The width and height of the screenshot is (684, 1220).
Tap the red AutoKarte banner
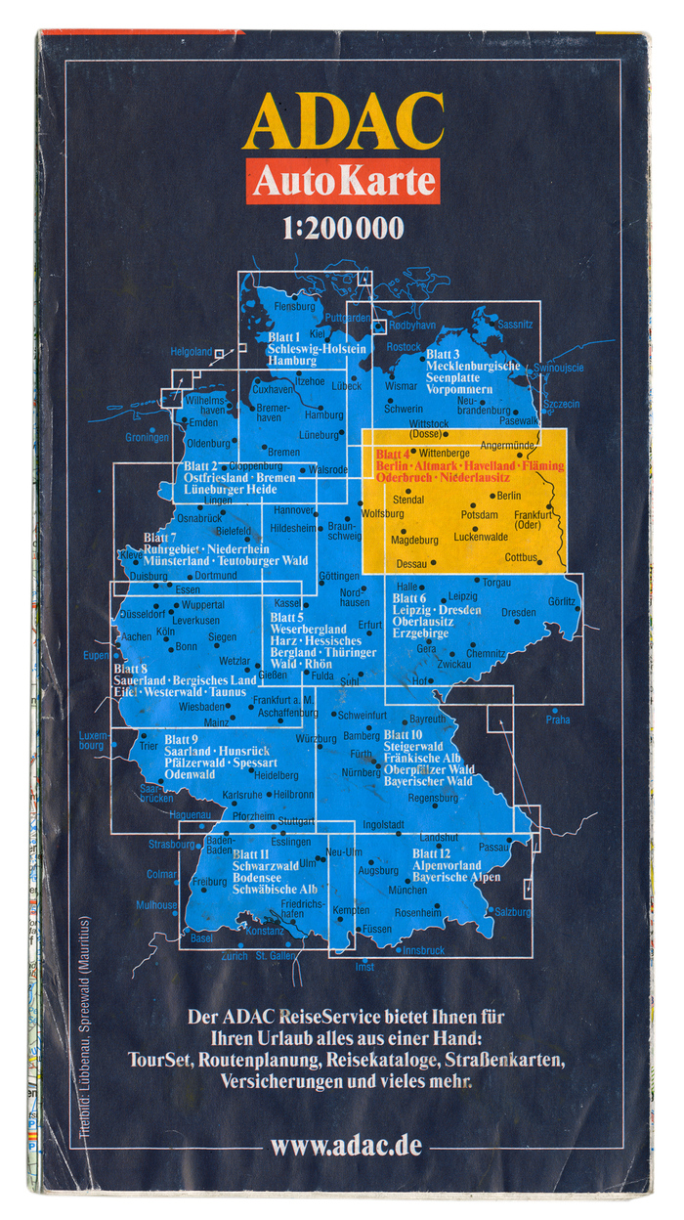pos(342,181)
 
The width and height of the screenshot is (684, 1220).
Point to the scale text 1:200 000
pos(342,231)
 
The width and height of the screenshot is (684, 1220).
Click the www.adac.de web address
pos(346,1145)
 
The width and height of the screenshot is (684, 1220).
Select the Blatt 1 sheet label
pos(284,336)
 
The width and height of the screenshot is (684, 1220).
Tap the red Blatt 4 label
pos(392,455)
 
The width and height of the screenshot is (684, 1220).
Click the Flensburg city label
pos(296,306)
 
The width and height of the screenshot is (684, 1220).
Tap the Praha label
pos(558,720)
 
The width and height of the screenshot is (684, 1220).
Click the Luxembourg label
pos(91,739)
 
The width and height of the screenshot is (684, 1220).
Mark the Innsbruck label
pos(423,950)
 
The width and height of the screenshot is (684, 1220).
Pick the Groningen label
pos(147,437)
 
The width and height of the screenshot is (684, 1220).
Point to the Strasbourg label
pos(172,844)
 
